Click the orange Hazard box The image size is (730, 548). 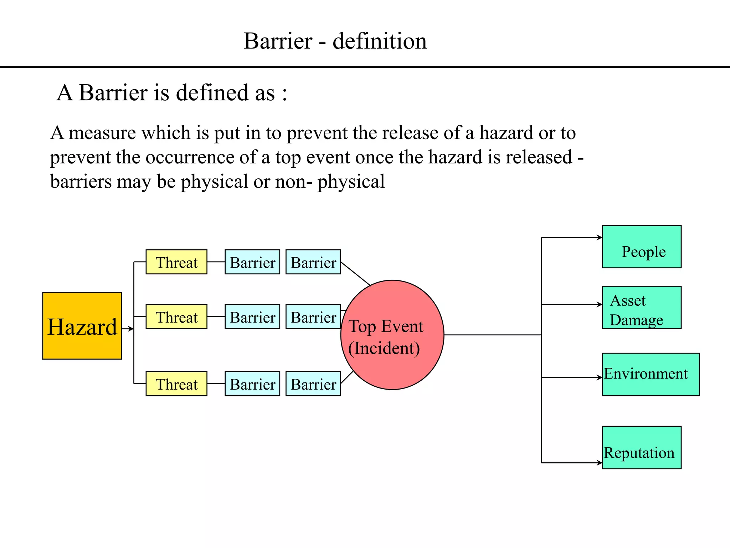coord(82,325)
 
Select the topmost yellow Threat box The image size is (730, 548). coord(176,262)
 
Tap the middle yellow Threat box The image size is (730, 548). coord(176,316)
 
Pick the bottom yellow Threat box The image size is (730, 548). coord(176,384)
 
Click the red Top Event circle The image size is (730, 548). coord(392,335)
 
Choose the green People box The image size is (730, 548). coord(641,247)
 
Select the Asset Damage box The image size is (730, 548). coord(641,308)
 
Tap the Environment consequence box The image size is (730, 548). coord(651,374)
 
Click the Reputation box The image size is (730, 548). coord(641,447)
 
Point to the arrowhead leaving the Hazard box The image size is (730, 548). coord(131,329)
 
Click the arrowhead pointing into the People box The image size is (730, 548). coord(600,237)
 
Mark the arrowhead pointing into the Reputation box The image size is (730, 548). coord(600,463)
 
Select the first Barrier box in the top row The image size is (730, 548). coord(252,262)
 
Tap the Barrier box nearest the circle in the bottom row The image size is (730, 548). coord(313,384)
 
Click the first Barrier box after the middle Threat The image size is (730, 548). coord(252,316)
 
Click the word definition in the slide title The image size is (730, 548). coord(379,41)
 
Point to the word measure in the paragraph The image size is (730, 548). coord(102,133)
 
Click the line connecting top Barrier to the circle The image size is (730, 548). coord(356,274)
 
